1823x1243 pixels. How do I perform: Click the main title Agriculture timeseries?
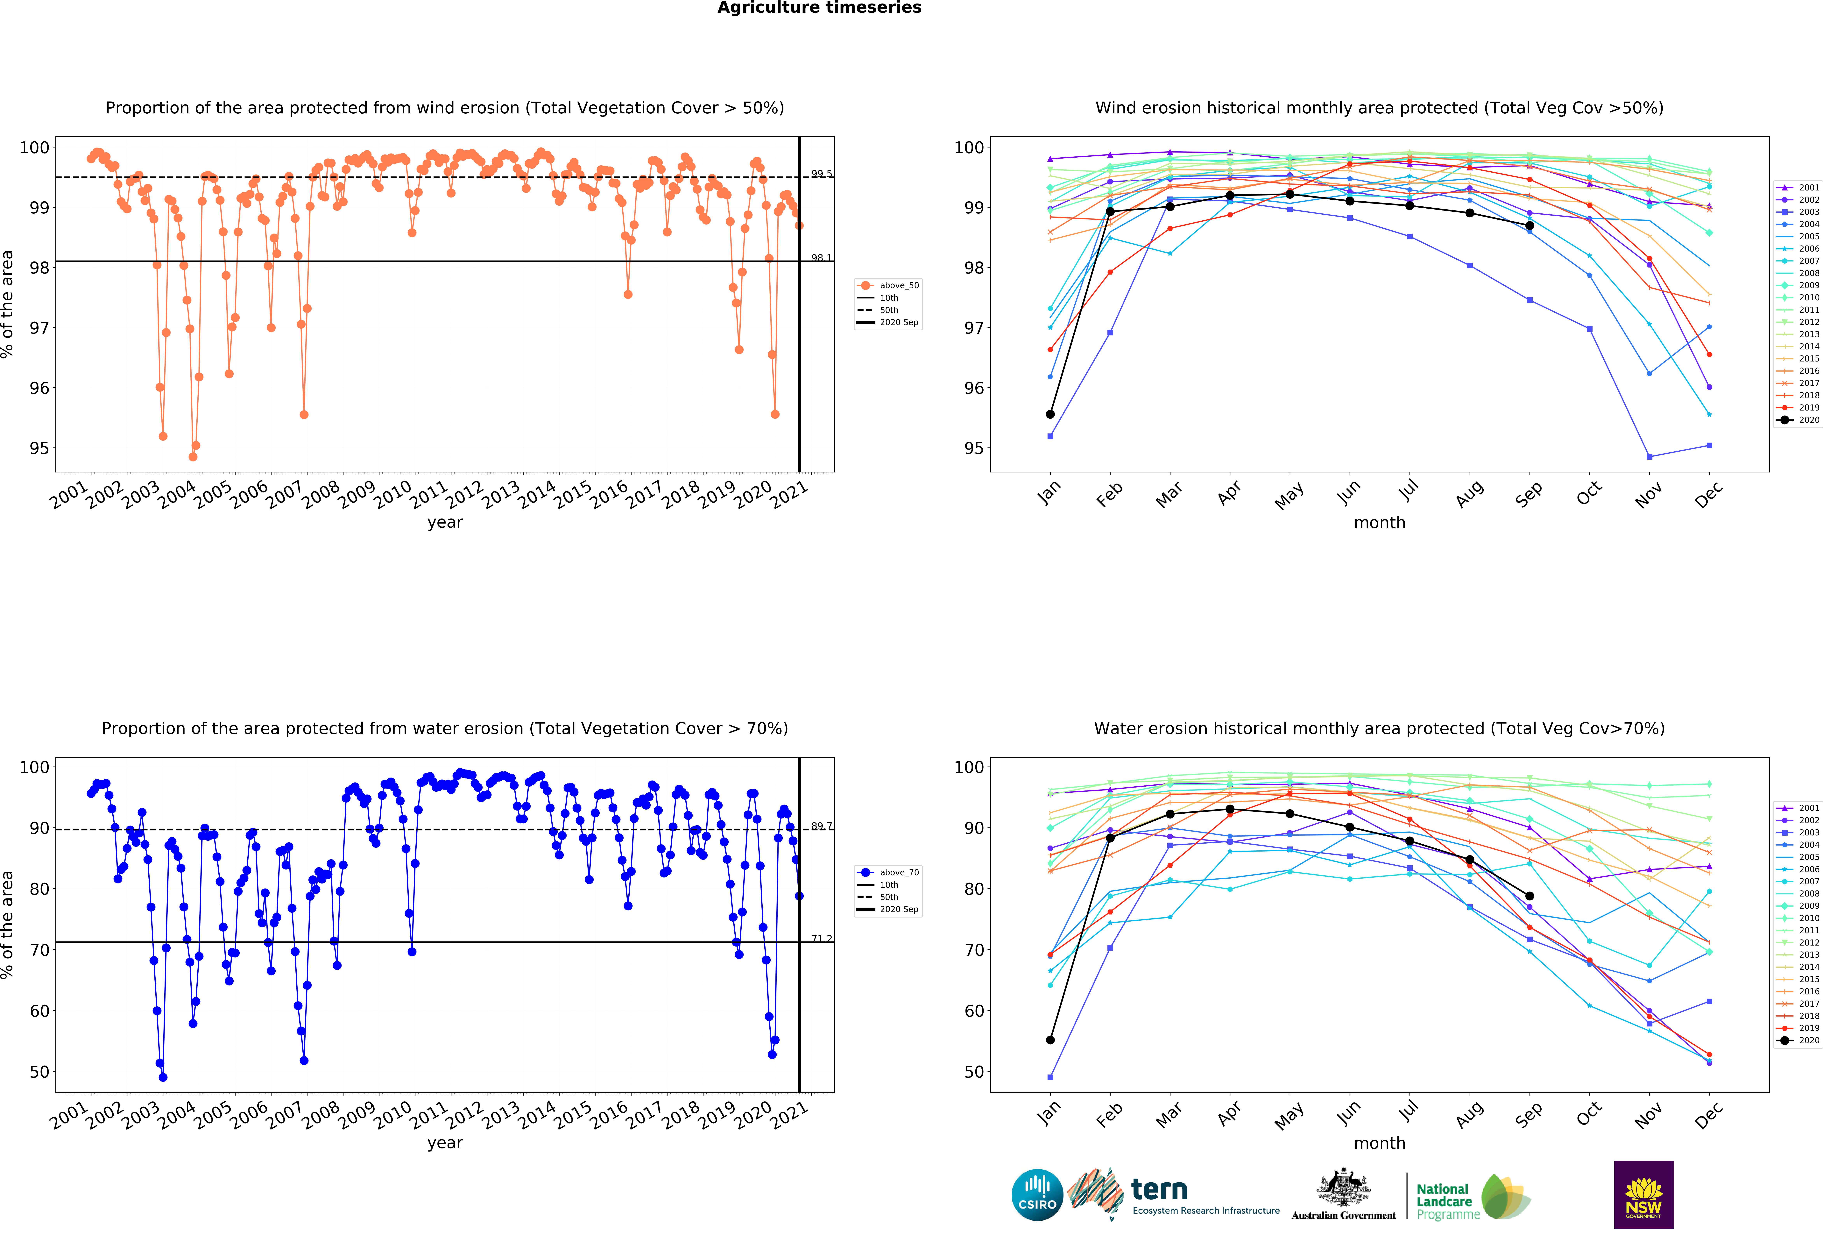(x=819, y=8)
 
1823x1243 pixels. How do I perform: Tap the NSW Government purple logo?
(x=1643, y=1194)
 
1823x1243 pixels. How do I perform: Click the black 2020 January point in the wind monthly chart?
(x=1050, y=414)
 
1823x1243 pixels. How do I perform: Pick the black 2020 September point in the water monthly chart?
(x=1530, y=896)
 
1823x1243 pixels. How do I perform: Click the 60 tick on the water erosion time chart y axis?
(x=39, y=1011)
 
